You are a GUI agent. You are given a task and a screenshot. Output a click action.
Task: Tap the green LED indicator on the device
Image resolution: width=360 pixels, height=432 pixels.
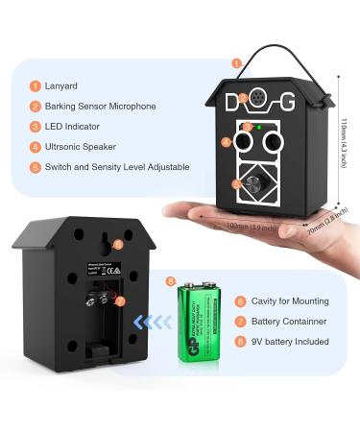point(259,125)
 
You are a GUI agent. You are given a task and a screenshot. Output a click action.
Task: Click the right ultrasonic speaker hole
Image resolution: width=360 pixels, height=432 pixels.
point(273,143)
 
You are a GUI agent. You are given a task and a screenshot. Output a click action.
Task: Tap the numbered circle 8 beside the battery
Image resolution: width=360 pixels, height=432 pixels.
point(171,282)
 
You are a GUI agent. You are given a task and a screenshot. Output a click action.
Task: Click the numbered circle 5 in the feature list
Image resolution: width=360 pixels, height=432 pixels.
point(35,166)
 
